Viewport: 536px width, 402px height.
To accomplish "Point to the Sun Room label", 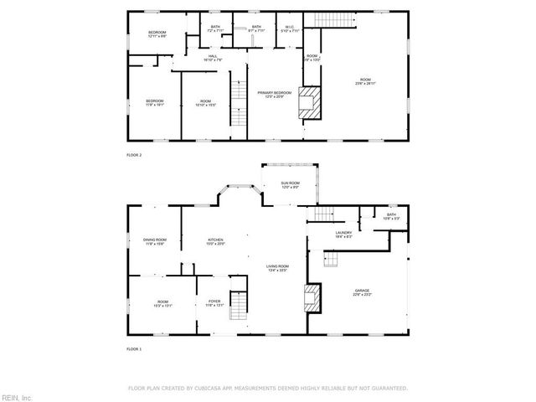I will coord(290,185).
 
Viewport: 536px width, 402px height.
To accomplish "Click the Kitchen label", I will coord(217,241).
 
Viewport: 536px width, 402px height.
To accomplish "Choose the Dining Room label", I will coord(154,241).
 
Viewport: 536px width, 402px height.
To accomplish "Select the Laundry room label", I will coord(343,235).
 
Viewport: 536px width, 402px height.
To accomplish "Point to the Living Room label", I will coord(278,268).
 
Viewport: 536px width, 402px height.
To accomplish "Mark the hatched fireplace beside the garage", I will coord(311,297).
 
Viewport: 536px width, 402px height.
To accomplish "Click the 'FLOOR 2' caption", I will coord(134,156).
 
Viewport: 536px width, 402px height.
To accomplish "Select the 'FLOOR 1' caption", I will coord(134,348).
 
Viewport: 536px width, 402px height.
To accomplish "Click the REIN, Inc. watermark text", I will coord(16,396).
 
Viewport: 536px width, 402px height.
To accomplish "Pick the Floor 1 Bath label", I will coord(391,216).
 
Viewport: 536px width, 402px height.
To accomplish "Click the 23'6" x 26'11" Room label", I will coord(366,81).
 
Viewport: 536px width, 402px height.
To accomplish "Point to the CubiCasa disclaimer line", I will coord(267,388).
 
